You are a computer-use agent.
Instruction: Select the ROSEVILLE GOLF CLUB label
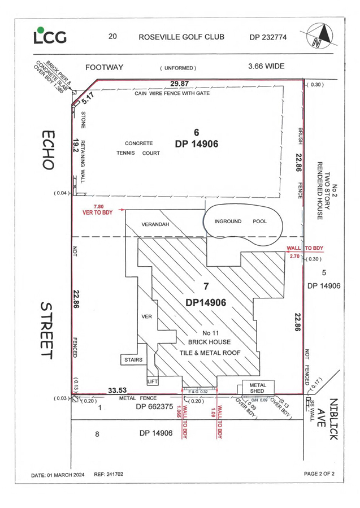coord(181,37)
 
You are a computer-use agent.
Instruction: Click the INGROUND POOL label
coord(240,222)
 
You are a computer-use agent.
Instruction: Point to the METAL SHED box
coord(258,388)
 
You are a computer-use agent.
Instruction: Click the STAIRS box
coord(133,359)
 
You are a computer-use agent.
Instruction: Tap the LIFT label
coord(152,381)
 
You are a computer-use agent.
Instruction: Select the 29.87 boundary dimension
coord(180,84)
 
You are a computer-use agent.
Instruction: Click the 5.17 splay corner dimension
coord(88,98)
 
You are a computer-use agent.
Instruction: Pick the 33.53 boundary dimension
coord(118,390)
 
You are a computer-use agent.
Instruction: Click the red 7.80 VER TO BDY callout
coord(98,210)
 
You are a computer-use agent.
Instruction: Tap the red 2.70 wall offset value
coord(294,256)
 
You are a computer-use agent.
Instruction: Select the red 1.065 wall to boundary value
coord(178,412)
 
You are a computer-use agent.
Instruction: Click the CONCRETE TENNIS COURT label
coord(138,148)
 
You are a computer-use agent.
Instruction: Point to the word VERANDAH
coord(155,224)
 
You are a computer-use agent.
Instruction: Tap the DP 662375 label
coord(154,407)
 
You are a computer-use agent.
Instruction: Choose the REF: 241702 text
coord(109,474)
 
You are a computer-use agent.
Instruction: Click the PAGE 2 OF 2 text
coord(319,474)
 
